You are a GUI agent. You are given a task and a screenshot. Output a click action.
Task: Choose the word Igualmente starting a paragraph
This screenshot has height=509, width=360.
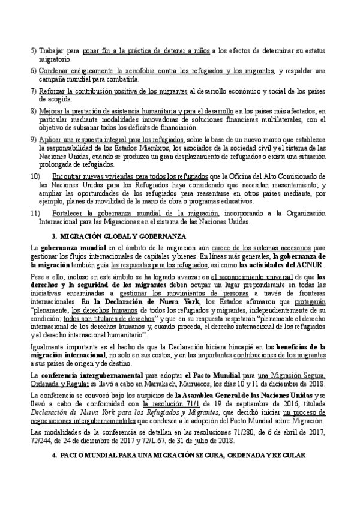coord(49,346)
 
